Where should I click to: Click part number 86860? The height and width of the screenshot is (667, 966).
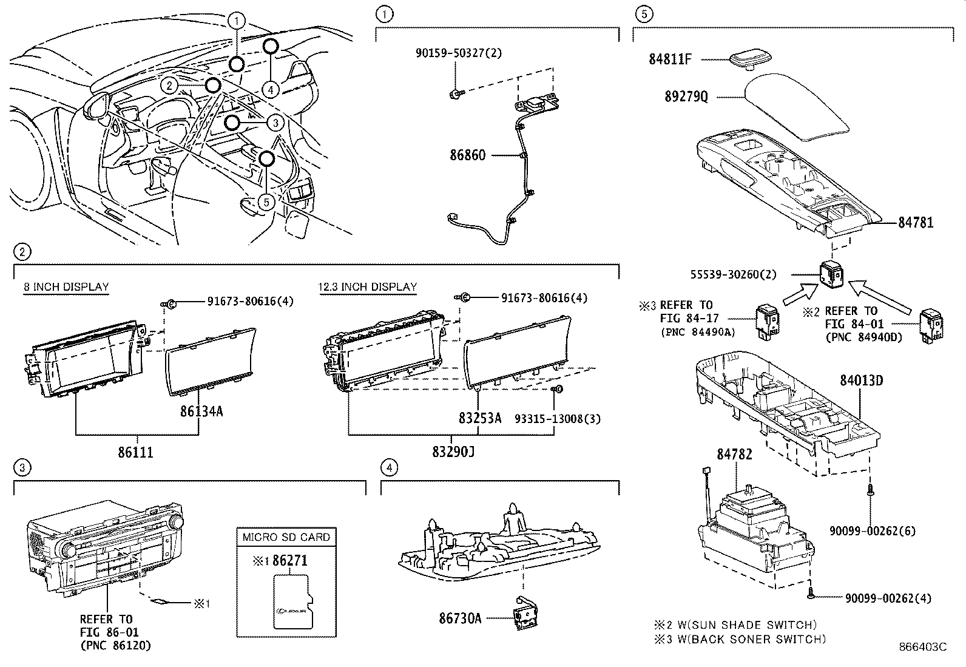coord(467,155)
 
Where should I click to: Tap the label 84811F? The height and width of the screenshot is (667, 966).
coord(670,59)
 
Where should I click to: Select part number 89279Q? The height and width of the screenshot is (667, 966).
coord(686,96)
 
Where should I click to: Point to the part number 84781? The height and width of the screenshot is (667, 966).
coord(916,223)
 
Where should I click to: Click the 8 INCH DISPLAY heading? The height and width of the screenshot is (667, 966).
coord(66,287)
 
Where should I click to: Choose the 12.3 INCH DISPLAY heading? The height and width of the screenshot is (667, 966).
coord(368,287)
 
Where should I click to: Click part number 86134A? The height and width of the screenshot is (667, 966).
coord(201,411)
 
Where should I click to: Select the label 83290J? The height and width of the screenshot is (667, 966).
coord(453,452)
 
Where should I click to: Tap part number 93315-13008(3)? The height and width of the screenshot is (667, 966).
coord(558,419)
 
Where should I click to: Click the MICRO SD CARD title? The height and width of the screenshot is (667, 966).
coord(286,537)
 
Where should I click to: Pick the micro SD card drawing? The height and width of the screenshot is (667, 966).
coord(293,601)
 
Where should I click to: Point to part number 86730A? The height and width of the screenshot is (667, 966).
coord(460,618)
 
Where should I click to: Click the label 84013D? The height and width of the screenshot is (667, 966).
coord(861,380)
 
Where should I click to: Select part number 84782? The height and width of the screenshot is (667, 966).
coord(734,454)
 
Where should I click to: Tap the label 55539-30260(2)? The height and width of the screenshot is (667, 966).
coord(733,274)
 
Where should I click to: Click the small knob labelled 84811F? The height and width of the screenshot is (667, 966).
coord(751,59)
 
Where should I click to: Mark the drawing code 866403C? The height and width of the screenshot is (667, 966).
coord(922,647)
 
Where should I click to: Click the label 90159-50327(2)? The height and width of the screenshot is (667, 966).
coord(459,53)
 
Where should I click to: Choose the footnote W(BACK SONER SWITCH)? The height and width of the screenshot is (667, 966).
coord(751,639)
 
